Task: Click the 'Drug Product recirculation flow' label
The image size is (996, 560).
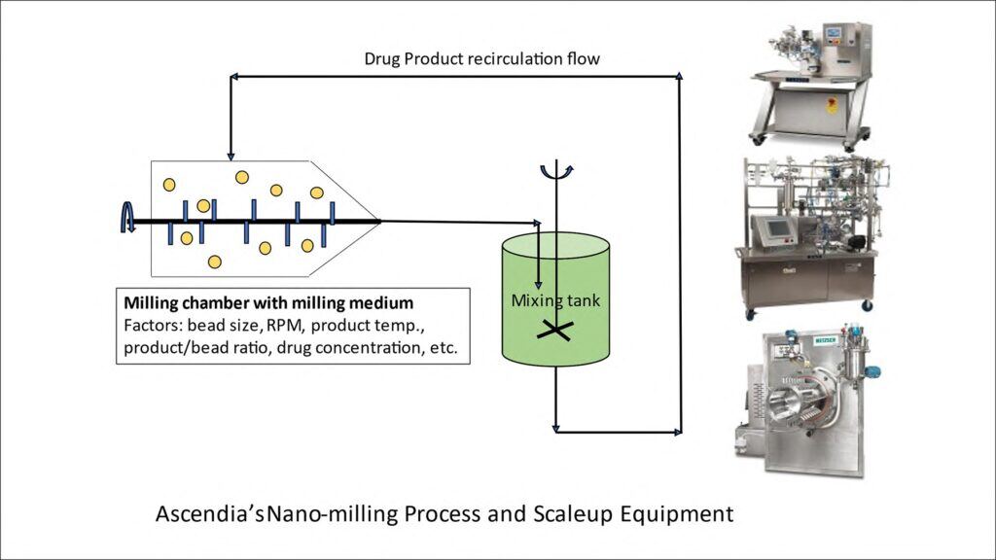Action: [x=481, y=58]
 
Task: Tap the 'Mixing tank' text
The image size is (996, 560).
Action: [x=555, y=300]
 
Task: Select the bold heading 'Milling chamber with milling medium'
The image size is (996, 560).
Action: [x=274, y=302]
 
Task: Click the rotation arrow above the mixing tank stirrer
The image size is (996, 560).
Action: [x=556, y=172]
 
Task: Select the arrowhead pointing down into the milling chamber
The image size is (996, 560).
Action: [x=230, y=154]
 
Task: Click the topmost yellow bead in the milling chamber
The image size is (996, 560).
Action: [x=241, y=177]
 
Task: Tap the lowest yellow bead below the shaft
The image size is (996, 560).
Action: [x=214, y=262]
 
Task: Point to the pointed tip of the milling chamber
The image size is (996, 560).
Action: [x=378, y=221]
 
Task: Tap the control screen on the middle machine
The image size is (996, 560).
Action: [x=776, y=230]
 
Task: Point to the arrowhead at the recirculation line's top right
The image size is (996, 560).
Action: [x=679, y=76]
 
